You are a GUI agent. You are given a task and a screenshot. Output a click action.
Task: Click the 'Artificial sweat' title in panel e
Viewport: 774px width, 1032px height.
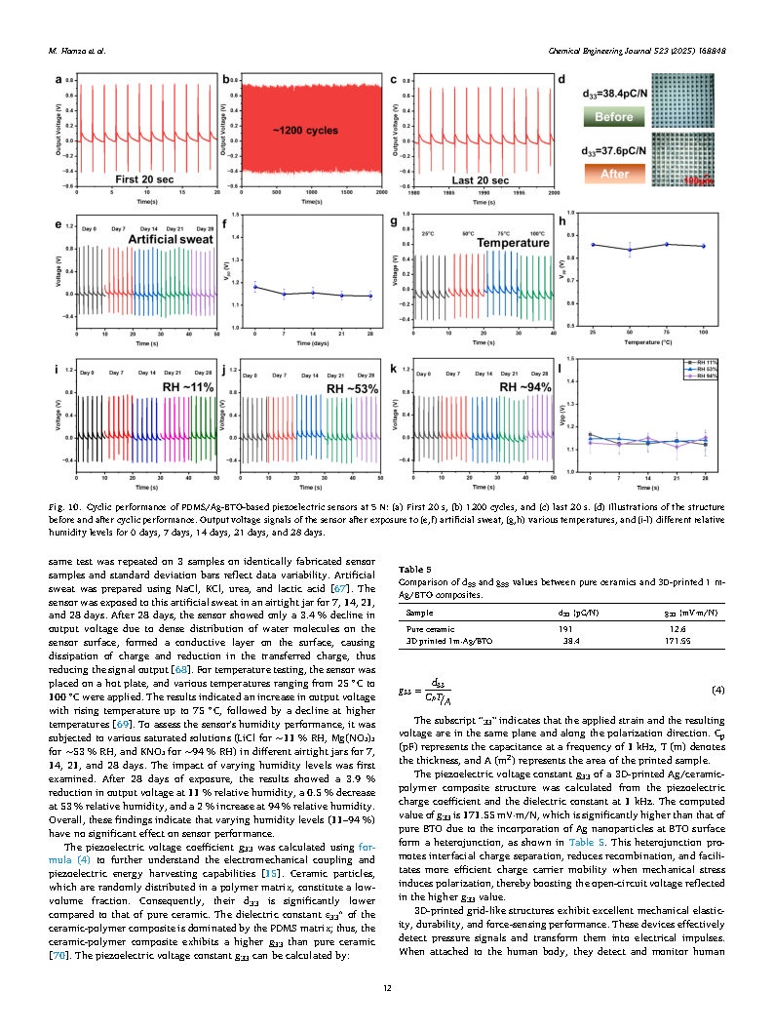[x=155, y=238]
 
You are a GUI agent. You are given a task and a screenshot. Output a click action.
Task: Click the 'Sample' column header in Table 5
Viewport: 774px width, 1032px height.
[x=419, y=613]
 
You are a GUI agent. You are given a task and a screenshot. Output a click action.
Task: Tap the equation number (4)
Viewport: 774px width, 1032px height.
[x=718, y=690]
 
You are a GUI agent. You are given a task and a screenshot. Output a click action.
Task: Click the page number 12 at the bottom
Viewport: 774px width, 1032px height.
[x=387, y=988]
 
